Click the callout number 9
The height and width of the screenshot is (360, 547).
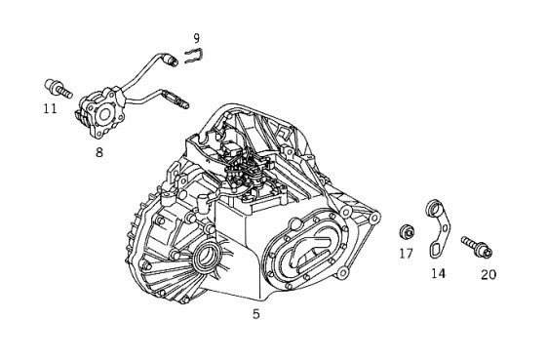tap(196, 38)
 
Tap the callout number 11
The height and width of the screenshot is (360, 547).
tap(51, 108)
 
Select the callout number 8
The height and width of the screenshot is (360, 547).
tap(99, 152)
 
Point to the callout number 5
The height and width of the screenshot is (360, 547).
tap(256, 314)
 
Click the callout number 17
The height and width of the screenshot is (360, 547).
tap(406, 254)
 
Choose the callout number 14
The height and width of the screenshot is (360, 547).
tap(439, 273)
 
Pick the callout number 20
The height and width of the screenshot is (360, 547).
tap(488, 274)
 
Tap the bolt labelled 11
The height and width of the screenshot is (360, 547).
tap(59, 88)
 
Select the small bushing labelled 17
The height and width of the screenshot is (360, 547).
tap(407, 232)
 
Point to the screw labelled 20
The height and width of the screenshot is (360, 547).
tap(477, 247)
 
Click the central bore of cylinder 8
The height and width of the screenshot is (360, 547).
tap(104, 115)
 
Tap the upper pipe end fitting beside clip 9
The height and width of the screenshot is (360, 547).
tap(172, 60)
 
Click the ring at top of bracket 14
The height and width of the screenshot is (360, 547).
tap(434, 209)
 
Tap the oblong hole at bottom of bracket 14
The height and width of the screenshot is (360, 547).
tap(437, 250)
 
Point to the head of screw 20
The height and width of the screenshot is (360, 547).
tap(485, 251)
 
